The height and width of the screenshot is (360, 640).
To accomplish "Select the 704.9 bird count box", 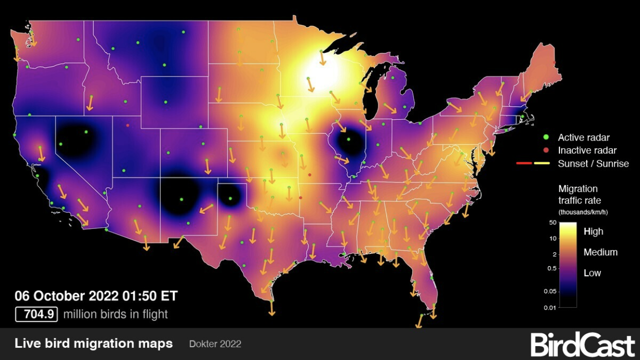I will pos(36,314).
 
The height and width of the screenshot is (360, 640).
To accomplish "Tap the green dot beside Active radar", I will pos(546,137).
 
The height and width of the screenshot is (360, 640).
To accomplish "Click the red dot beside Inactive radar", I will pos(546,150).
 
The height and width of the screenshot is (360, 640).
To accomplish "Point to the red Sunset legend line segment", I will pos(524,164).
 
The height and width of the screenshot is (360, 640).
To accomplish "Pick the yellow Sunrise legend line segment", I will pos(542,164).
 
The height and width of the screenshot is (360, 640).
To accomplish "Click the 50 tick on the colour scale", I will pos(552,223).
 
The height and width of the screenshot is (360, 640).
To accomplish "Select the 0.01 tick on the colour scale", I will pos(549,307).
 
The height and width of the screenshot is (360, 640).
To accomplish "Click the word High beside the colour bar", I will pos(593,232).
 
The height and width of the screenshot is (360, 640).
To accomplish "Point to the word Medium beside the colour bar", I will pos(601,252).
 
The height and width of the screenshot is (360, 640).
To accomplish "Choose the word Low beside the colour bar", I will pos(592,273).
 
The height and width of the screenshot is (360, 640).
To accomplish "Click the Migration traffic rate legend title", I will pos(579,194).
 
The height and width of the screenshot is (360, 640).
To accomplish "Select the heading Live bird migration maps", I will pos(94,344).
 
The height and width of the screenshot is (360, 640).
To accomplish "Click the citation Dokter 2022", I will pos(215,344).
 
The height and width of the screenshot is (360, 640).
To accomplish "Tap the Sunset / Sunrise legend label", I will pos(593,164).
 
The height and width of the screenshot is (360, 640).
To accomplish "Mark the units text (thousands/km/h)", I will pos(583,212).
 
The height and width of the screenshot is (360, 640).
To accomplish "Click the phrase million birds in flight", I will pos(115,314).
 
